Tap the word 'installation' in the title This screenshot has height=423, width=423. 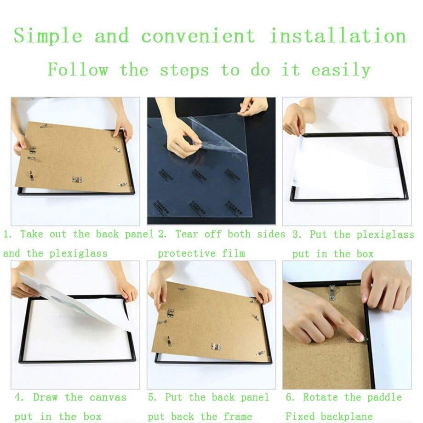tap(338, 36)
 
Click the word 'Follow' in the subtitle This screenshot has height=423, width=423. tap(78, 70)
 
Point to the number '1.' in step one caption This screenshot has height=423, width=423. tap(8, 234)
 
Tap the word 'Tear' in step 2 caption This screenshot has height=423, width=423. tap(187, 234)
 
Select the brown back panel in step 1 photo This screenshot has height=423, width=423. tap(74, 156)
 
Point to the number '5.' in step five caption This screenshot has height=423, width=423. tap(153, 397)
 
